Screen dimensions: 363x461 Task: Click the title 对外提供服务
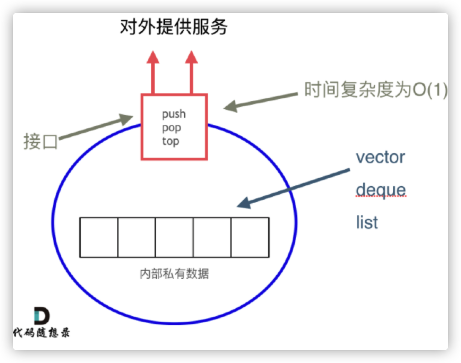click(173, 27)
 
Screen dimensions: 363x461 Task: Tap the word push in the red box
click(174, 114)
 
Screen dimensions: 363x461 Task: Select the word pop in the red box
click(171, 128)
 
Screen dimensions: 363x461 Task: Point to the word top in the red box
click(171, 141)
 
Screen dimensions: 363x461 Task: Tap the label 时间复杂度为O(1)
click(375, 90)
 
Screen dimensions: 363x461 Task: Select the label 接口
click(41, 141)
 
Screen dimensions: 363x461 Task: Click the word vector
click(380, 157)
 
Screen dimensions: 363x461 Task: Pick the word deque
click(381, 190)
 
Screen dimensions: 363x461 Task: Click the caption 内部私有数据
click(174, 274)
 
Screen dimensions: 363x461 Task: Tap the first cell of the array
click(99, 237)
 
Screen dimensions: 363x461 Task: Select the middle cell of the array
click(174, 237)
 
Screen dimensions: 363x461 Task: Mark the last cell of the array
click(250, 237)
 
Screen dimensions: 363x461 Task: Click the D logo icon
click(42, 316)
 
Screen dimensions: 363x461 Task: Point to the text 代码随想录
click(41, 333)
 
